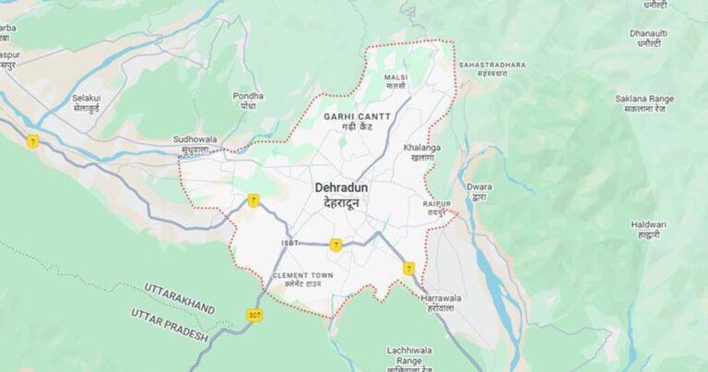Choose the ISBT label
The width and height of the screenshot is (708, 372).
pos(289,243)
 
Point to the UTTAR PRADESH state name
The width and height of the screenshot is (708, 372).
pos(170,325)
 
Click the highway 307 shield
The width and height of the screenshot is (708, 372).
pos(254,315)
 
